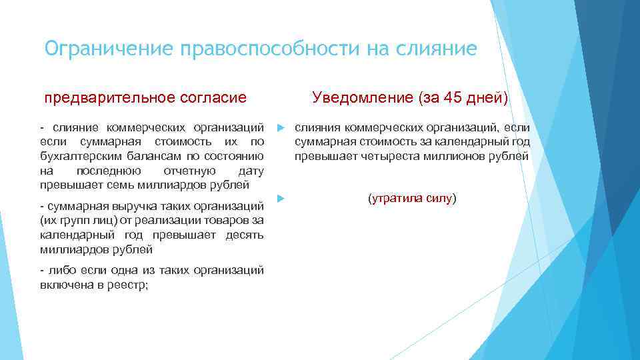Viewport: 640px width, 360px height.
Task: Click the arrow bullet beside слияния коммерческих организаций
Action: (x=281, y=127)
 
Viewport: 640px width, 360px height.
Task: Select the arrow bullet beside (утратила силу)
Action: (x=281, y=199)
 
